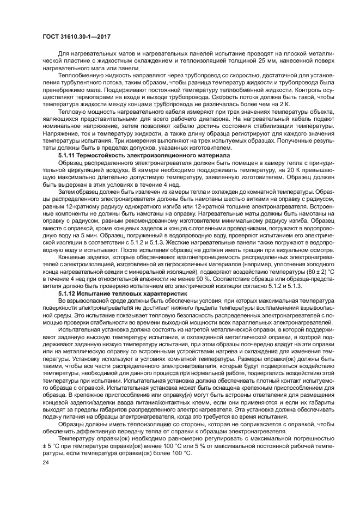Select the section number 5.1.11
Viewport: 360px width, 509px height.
(68, 156)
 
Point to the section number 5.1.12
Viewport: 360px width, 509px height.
(68, 293)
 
